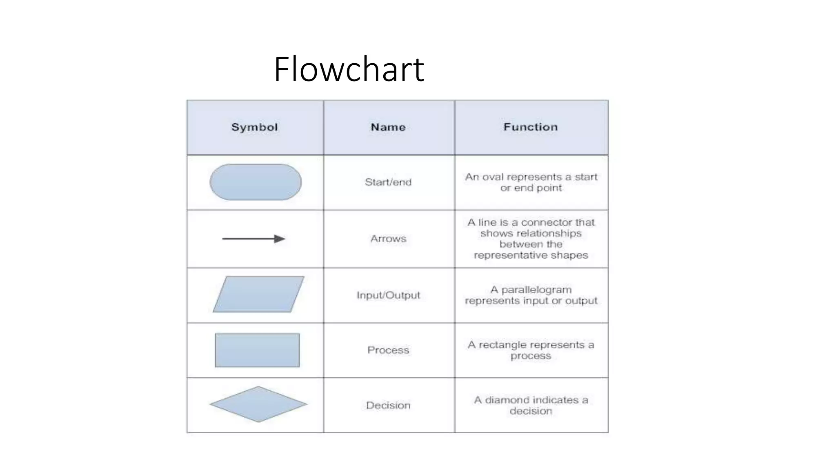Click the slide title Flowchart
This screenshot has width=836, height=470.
click(x=349, y=69)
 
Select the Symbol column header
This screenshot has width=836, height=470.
click(x=254, y=127)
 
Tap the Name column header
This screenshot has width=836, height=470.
click(x=388, y=127)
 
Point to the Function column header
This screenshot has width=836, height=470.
click(x=530, y=127)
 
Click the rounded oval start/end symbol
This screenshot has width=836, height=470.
click(x=256, y=182)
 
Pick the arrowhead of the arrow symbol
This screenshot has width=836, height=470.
click(x=280, y=239)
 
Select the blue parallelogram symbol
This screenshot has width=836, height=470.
click(x=258, y=294)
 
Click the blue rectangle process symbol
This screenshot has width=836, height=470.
click(x=257, y=350)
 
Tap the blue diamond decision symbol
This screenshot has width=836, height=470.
click(x=258, y=404)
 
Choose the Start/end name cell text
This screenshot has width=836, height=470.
click(x=388, y=182)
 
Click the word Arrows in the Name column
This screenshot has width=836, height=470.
click(x=388, y=239)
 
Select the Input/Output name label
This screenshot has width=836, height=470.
click(x=388, y=295)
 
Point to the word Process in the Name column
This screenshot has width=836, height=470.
click(x=388, y=350)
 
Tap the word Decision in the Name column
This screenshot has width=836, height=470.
click(x=388, y=405)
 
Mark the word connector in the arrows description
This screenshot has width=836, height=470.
click(x=546, y=222)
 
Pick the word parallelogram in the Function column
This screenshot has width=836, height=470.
click(x=536, y=290)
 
